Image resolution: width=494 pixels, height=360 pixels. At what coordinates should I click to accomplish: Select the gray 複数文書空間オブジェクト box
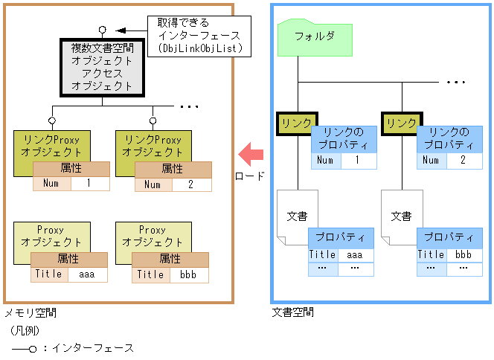coord(102,67)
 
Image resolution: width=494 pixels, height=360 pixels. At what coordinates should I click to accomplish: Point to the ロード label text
coord(250,176)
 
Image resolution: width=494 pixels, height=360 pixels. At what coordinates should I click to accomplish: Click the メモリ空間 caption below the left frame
coord(30,313)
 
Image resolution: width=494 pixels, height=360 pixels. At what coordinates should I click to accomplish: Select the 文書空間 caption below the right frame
coord(292,312)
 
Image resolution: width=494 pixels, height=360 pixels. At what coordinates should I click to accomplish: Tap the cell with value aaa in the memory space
coord(88,274)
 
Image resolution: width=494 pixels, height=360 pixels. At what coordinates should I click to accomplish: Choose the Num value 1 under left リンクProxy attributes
coord(89,184)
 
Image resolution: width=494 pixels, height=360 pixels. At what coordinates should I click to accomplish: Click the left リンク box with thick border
coord(296,123)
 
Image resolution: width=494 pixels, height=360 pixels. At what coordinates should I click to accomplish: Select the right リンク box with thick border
coord(400,123)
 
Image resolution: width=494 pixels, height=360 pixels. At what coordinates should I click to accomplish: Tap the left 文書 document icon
coord(297,216)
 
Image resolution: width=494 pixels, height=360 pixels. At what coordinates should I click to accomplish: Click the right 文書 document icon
coord(401,216)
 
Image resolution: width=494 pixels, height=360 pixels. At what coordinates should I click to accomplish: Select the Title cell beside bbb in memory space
coord(150,274)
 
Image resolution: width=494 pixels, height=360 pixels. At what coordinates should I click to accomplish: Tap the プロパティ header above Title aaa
coord(341,238)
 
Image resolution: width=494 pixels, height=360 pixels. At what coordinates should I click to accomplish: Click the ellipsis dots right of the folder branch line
coord(455,81)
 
